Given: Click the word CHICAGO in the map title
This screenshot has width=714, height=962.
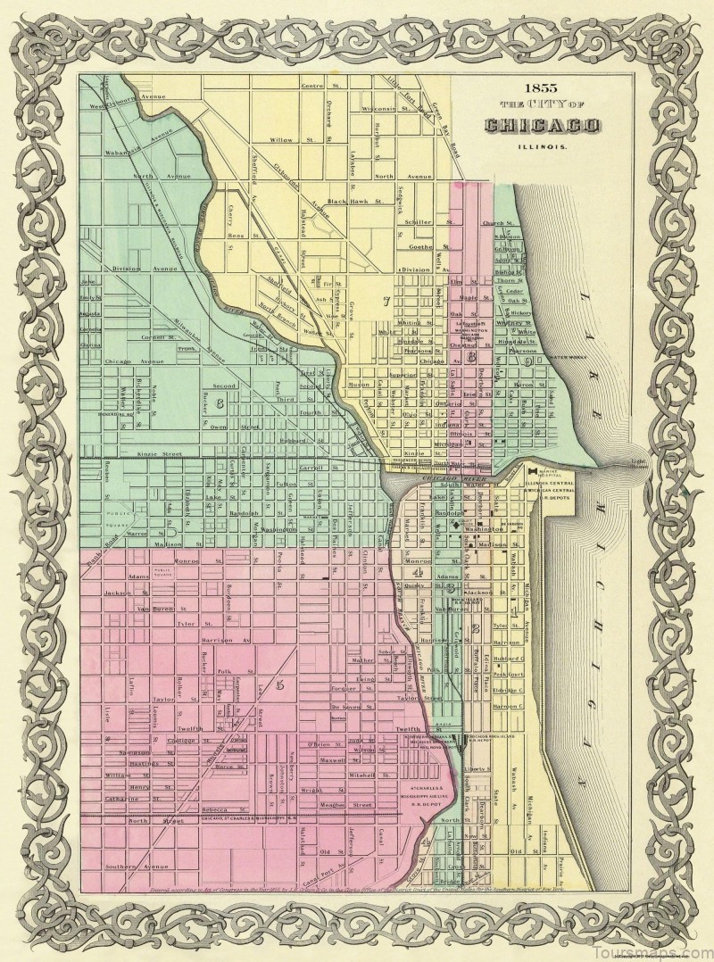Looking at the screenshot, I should (530, 125).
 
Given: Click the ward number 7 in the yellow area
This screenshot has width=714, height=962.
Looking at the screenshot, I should (386, 301).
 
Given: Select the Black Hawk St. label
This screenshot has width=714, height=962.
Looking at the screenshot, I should (354, 202).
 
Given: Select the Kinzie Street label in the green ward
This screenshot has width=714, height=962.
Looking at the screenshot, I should (158, 454).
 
